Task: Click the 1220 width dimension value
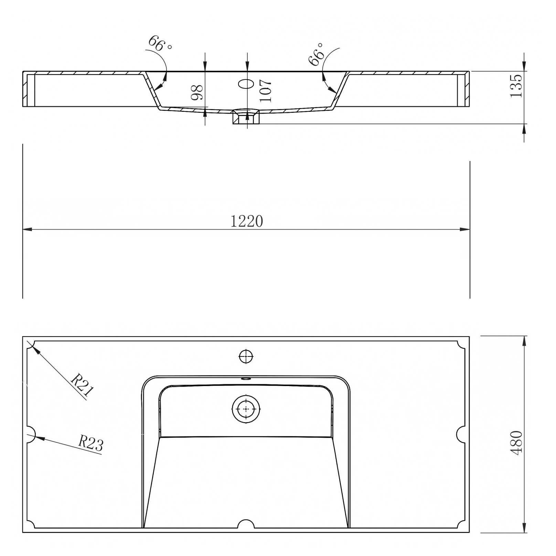click(246, 221)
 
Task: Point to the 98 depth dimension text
click(197, 92)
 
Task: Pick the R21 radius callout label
click(82, 385)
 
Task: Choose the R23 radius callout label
click(90, 443)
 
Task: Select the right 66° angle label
click(316, 54)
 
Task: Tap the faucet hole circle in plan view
click(246, 356)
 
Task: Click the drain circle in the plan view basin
click(246, 409)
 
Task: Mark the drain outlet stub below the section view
click(246, 118)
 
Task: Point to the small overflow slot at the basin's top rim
click(246, 378)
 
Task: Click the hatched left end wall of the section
click(25, 89)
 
